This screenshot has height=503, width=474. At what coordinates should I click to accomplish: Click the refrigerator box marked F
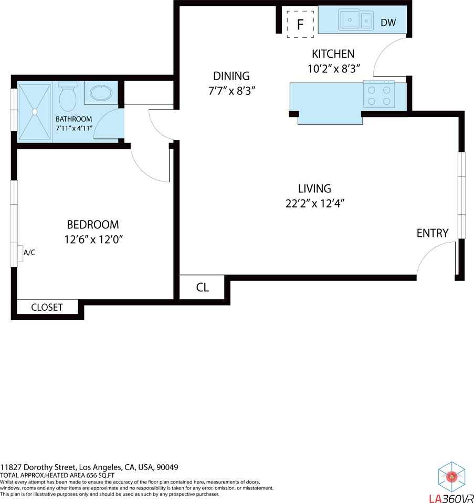point(300,24)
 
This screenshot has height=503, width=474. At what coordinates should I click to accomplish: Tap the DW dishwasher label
point(388,23)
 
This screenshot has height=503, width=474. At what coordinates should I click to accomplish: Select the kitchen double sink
point(355,21)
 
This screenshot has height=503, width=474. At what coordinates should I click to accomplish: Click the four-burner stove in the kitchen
point(379,95)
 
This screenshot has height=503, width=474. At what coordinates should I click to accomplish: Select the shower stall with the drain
point(35,112)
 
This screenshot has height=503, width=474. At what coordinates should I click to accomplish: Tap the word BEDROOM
point(93,225)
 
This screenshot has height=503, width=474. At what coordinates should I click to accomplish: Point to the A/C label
point(29,253)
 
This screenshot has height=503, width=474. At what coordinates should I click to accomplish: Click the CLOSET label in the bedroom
point(47,308)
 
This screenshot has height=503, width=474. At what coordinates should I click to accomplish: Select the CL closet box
point(203,287)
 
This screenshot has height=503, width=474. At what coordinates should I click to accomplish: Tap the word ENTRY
point(433,233)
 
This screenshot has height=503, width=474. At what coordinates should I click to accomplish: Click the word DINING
point(231,76)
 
